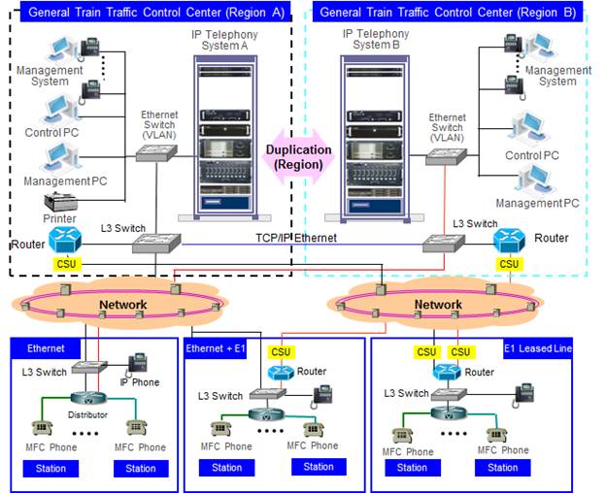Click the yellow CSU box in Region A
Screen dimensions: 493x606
click(67, 263)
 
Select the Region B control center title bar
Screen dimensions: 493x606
click(448, 13)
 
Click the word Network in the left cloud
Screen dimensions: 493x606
click(123, 305)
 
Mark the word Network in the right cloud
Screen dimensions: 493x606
click(438, 305)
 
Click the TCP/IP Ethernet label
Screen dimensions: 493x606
click(293, 237)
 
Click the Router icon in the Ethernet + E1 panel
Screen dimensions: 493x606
click(280, 373)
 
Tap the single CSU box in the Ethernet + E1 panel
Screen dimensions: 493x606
click(281, 352)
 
